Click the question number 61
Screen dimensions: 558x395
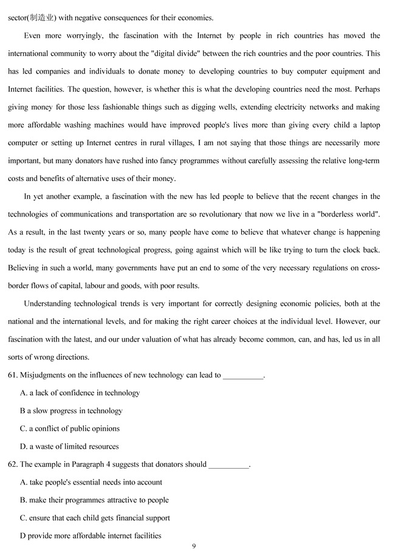pyautogui.click(x=13, y=375)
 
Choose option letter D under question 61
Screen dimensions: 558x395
pyautogui.click(x=23, y=447)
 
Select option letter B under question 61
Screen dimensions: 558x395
pyautogui.click(x=22, y=411)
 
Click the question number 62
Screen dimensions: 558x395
pyautogui.click(x=13, y=464)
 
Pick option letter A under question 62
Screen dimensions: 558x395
pyautogui.click(x=23, y=482)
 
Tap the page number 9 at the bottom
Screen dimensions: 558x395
pyautogui.click(x=194, y=546)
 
